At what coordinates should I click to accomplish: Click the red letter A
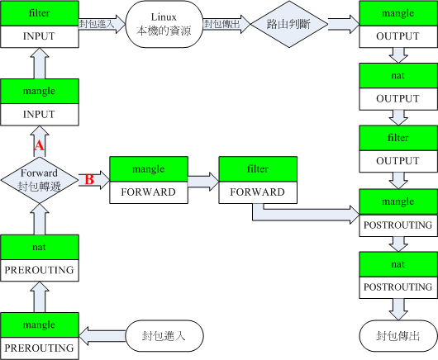(x=38, y=145)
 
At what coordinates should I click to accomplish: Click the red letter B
(x=89, y=178)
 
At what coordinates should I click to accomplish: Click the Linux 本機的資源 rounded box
(x=164, y=25)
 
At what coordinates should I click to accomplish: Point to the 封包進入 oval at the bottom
(x=164, y=337)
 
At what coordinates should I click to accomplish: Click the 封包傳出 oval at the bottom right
(x=398, y=337)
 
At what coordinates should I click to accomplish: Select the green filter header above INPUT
(x=39, y=15)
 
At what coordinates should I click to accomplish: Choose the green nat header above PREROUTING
(x=39, y=246)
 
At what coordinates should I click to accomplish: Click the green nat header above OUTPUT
(x=398, y=77)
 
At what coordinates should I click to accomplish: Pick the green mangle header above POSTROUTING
(x=398, y=201)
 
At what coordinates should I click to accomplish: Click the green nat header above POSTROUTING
(x=398, y=264)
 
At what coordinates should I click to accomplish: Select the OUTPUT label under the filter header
(x=398, y=161)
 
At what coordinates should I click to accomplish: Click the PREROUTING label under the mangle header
(x=39, y=348)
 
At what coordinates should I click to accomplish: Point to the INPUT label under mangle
(x=39, y=114)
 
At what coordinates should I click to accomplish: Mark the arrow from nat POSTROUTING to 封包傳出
(x=398, y=309)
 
